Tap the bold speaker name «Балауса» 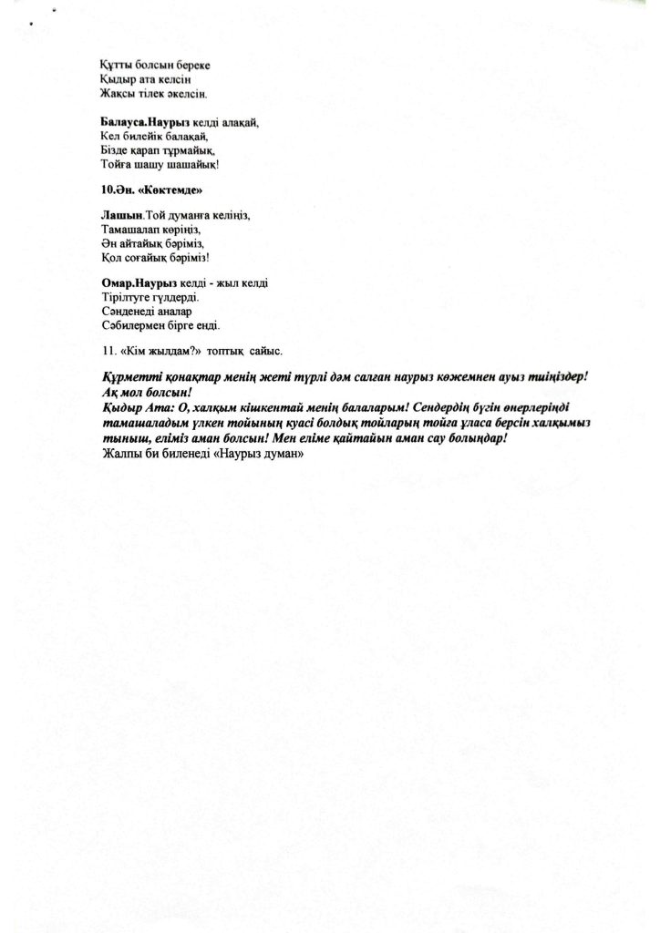point(123,121)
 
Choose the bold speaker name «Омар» point(118,283)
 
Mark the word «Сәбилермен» point(134,324)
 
